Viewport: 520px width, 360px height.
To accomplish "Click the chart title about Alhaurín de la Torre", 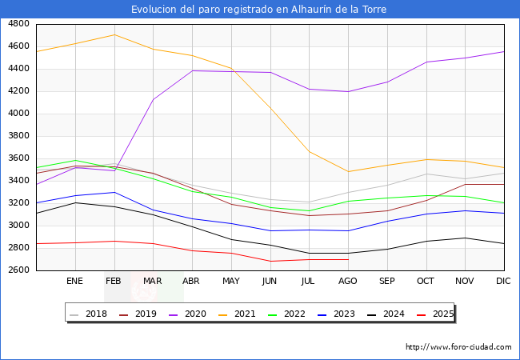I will pyautogui.click(x=260, y=10).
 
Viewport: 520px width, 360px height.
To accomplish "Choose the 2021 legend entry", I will pyautogui.click(x=245, y=314).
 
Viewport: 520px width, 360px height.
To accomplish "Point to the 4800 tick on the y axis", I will pyautogui.click(x=18, y=24).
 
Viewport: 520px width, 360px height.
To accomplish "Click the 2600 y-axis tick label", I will pyautogui.click(x=18, y=270).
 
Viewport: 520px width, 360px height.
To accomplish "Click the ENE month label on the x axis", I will pyautogui.click(x=74, y=282).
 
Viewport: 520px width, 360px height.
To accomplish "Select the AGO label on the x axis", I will pyautogui.click(x=348, y=282).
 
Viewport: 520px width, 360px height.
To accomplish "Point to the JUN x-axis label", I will pyautogui.click(x=270, y=282).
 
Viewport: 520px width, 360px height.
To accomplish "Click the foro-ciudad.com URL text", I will pyautogui.click(x=458, y=347).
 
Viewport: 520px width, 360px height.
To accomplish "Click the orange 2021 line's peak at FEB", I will pyautogui.click(x=114, y=34).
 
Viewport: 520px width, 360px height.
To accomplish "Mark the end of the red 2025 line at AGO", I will pyautogui.click(x=348, y=259).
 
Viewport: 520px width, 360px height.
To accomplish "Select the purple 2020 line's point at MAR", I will pyautogui.click(x=153, y=100).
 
